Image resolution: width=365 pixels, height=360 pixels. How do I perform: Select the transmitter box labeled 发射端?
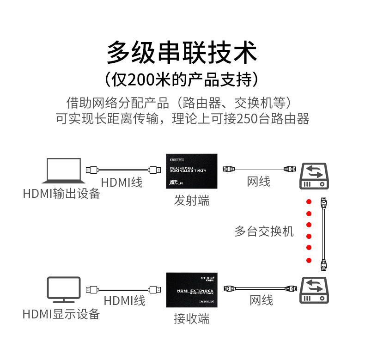192,171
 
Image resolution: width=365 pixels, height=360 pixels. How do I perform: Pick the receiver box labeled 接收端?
192,290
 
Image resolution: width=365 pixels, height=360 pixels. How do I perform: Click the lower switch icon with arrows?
315,290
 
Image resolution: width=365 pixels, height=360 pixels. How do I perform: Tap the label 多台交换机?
264,231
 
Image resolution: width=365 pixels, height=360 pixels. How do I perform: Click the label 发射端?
192,201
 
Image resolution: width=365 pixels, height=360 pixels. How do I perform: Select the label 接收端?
192,318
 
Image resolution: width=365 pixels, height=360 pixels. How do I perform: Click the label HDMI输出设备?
61,193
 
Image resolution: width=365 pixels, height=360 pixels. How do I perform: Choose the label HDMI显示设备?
61,314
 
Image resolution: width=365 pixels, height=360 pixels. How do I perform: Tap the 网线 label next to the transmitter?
259,181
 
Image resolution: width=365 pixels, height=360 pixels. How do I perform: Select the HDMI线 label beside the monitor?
124,301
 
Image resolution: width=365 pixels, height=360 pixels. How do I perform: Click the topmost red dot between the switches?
309,201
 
